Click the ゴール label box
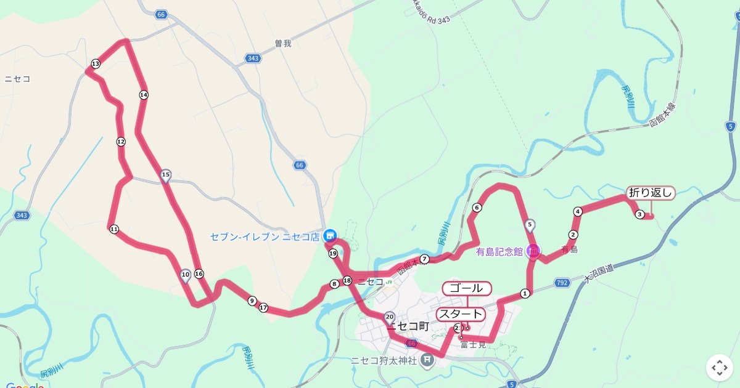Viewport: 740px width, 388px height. coord(467,288)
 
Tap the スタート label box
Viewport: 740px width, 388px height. coord(461,314)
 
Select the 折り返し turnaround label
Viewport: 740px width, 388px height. coord(651,193)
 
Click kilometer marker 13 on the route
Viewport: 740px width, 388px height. coord(96,64)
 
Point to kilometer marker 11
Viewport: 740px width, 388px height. coord(114,229)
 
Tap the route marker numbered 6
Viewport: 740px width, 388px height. coord(477,208)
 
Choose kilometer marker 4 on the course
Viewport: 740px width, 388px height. coord(578,212)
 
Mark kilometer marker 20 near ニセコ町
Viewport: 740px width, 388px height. coord(389,317)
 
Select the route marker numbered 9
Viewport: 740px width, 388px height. coord(252,301)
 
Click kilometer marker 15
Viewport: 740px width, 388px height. coord(165,175)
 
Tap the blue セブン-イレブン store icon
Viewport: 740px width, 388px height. coord(330,236)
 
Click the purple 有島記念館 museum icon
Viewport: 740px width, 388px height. coord(533,251)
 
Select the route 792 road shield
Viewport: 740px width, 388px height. coord(561,283)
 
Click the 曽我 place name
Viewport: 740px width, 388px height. coord(282,44)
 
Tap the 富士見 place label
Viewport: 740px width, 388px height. coord(473,344)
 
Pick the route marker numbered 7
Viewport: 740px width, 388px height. coord(424,259)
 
